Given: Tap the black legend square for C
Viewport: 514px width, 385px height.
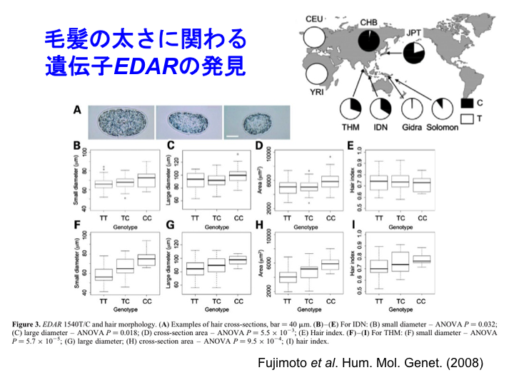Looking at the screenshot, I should click(468, 103).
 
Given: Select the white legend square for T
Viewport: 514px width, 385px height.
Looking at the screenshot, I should click(468, 120).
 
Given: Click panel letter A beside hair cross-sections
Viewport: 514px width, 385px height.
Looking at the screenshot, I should click(77, 111).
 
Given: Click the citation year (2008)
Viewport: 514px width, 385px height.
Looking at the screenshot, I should click(465, 363).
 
